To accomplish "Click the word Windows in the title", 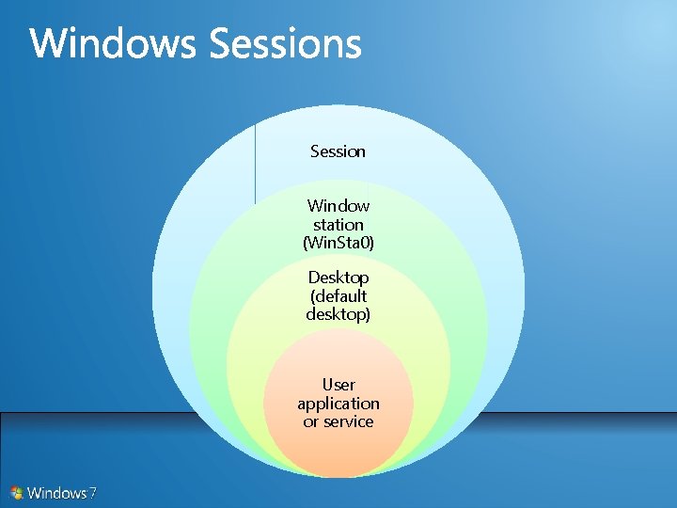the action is point(114,44).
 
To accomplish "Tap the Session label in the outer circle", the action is point(338,151).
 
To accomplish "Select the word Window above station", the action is point(338,205).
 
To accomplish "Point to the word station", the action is point(338,225).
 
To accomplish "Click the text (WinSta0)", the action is point(338,243).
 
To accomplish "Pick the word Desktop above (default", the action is point(338,278).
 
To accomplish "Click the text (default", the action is point(338,296).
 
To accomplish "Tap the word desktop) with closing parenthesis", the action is point(338,314).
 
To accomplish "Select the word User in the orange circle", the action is point(338,385).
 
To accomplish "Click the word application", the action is point(338,404).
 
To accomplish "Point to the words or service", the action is point(338,422).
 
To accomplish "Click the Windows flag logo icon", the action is point(17,492).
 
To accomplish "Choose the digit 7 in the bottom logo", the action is point(92,492).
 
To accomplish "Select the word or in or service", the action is point(310,422).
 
